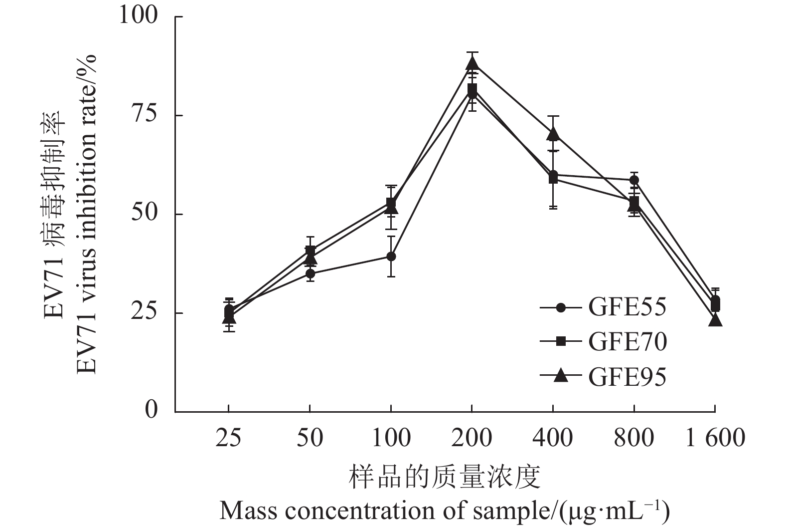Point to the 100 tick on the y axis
(x=138, y=16)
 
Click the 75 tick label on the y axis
(x=145, y=115)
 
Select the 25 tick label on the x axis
(x=228, y=438)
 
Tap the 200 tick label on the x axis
(x=471, y=438)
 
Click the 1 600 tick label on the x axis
(x=715, y=438)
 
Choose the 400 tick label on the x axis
(x=553, y=438)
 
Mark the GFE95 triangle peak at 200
(x=472, y=63)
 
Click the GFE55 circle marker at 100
(x=391, y=257)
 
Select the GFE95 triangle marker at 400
(x=553, y=134)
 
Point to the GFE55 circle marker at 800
(x=634, y=180)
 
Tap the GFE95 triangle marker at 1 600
(x=715, y=320)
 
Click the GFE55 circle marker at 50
(x=310, y=273)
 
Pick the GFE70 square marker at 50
(x=310, y=250)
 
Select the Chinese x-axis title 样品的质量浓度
(x=444, y=477)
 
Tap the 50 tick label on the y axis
(x=145, y=214)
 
